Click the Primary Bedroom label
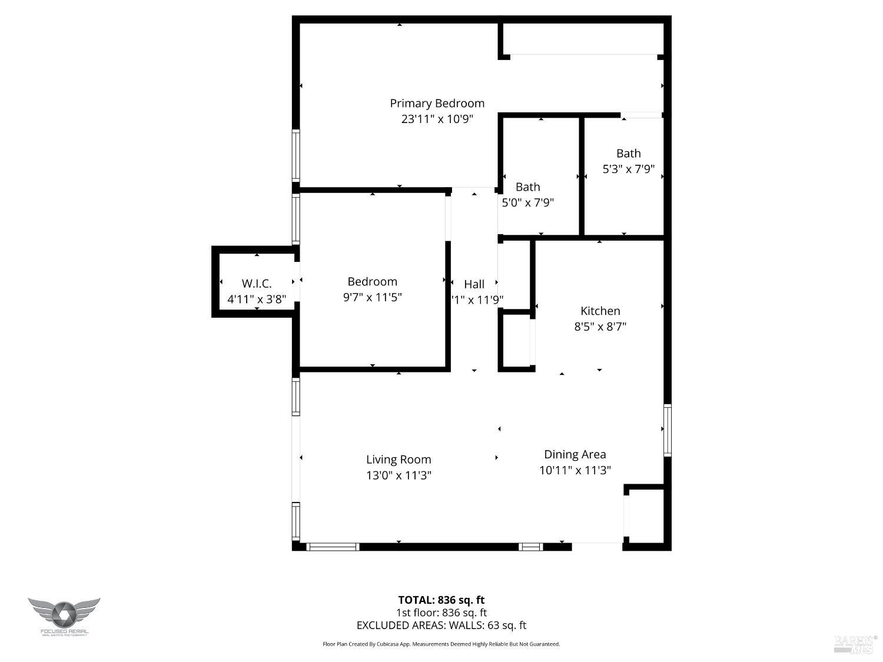click(437, 104)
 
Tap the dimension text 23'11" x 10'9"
click(437, 119)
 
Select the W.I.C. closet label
click(257, 284)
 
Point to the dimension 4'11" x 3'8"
click(257, 299)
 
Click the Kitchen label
click(600, 311)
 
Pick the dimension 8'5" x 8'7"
click(600, 327)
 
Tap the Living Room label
click(399, 460)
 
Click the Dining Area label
click(575, 454)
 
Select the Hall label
click(474, 284)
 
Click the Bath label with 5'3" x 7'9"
click(628, 154)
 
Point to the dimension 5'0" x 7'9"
click(527, 202)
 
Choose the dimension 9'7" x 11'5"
click(372, 297)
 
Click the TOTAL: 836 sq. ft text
click(441, 600)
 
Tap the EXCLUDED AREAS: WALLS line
click(441, 626)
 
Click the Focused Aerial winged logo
click(64, 615)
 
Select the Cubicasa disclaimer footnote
click(441, 644)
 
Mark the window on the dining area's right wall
click(667, 430)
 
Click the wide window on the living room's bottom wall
click(333, 547)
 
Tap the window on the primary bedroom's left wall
click(296, 155)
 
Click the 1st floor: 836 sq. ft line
click(441, 613)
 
